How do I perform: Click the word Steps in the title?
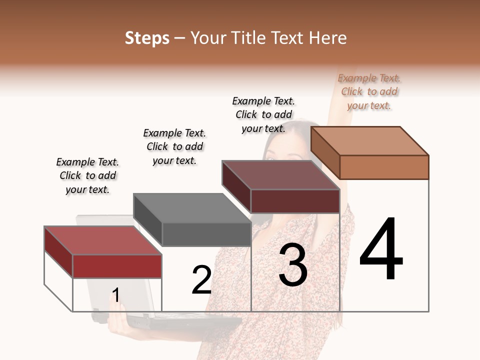point(147,38)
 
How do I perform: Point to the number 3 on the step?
point(293,265)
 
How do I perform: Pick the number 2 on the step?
point(202,280)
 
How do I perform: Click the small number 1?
point(116,295)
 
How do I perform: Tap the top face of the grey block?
point(192,208)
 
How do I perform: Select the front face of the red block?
point(117,266)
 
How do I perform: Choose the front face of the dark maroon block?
point(295,201)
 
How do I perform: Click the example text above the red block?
point(87,175)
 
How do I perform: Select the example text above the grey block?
point(174,146)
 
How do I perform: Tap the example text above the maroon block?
point(263,114)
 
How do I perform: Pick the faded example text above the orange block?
point(369,91)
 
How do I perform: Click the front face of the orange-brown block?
point(384,167)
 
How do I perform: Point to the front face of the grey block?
point(206,234)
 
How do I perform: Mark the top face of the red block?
point(103,240)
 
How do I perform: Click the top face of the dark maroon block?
point(281,175)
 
